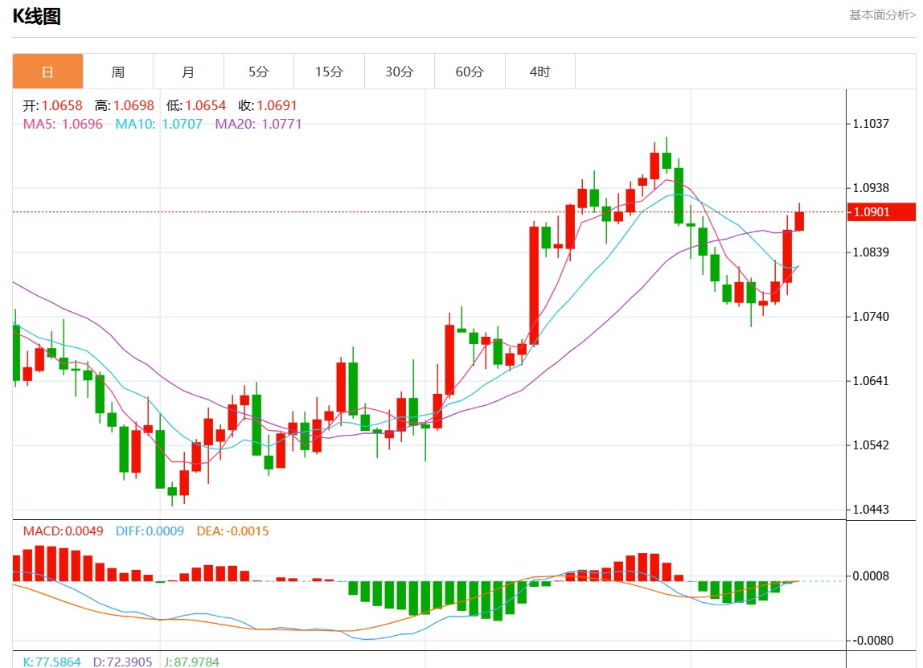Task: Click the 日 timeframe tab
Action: [47, 72]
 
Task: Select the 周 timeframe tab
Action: [118, 72]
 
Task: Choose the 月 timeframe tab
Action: [188, 72]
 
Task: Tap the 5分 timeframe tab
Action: [258, 72]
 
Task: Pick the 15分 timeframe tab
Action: [329, 72]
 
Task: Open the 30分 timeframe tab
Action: [399, 72]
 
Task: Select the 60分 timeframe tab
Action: [470, 72]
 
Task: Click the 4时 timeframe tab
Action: [539, 72]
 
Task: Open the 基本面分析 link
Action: [882, 15]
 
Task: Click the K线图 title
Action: [36, 17]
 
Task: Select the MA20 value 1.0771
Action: [281, 124]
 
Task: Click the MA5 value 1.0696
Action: [83, 124]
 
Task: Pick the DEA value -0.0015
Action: [248, 531]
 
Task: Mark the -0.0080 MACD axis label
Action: [873, 641]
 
